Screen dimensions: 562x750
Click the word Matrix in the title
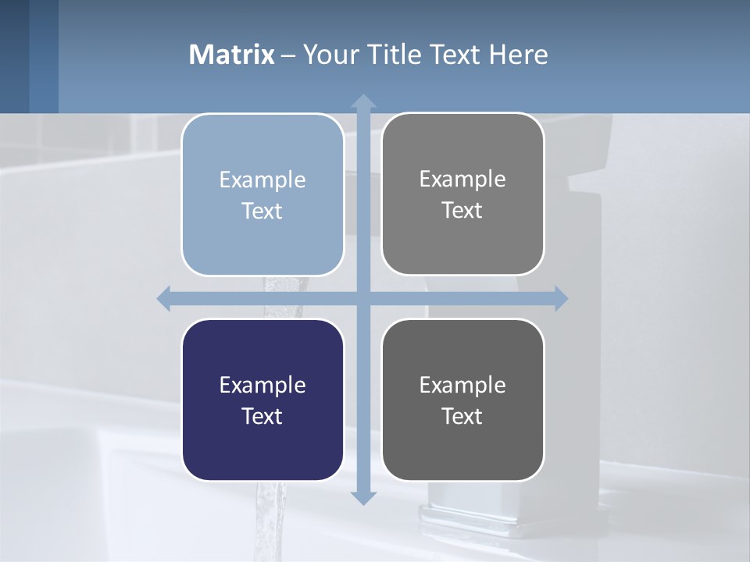232,55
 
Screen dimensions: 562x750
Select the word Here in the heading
518,55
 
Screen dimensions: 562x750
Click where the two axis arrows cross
363,298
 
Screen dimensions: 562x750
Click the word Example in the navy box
262,385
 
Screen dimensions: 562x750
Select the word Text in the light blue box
262,211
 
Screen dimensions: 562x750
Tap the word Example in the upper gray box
462,179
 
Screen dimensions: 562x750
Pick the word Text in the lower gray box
462,416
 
